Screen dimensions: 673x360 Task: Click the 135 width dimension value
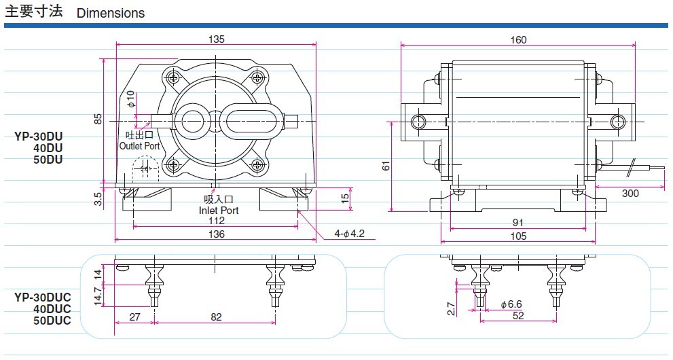pos(217,39)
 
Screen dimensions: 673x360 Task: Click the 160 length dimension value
pos(518,40)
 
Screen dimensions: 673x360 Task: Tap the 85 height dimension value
pos(98,120)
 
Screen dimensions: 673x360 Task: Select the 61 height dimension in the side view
pos(386,166)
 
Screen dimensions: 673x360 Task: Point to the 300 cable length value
pos(630,193)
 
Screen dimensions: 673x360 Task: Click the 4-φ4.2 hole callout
pos(349,234)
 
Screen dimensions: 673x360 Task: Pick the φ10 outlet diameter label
pos(130,99)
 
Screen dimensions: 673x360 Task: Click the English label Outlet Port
pos(139,146)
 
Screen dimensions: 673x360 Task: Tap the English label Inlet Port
pos(219,211)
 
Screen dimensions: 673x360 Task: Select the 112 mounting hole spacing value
pos(217,221)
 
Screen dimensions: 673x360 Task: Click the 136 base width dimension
pos(217,234)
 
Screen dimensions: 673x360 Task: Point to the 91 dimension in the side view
pos(518,222)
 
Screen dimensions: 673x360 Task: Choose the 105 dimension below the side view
pos(518,236)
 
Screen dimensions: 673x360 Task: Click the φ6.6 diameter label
pos(511,304)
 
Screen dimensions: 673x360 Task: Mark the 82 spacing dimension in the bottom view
pos(217,317)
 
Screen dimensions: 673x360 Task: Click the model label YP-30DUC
pos(43,297)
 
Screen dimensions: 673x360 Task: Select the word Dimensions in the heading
pos(111,13)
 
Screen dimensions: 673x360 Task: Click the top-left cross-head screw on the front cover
pos(174,77)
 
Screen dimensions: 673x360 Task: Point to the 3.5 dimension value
pos(98,198)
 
